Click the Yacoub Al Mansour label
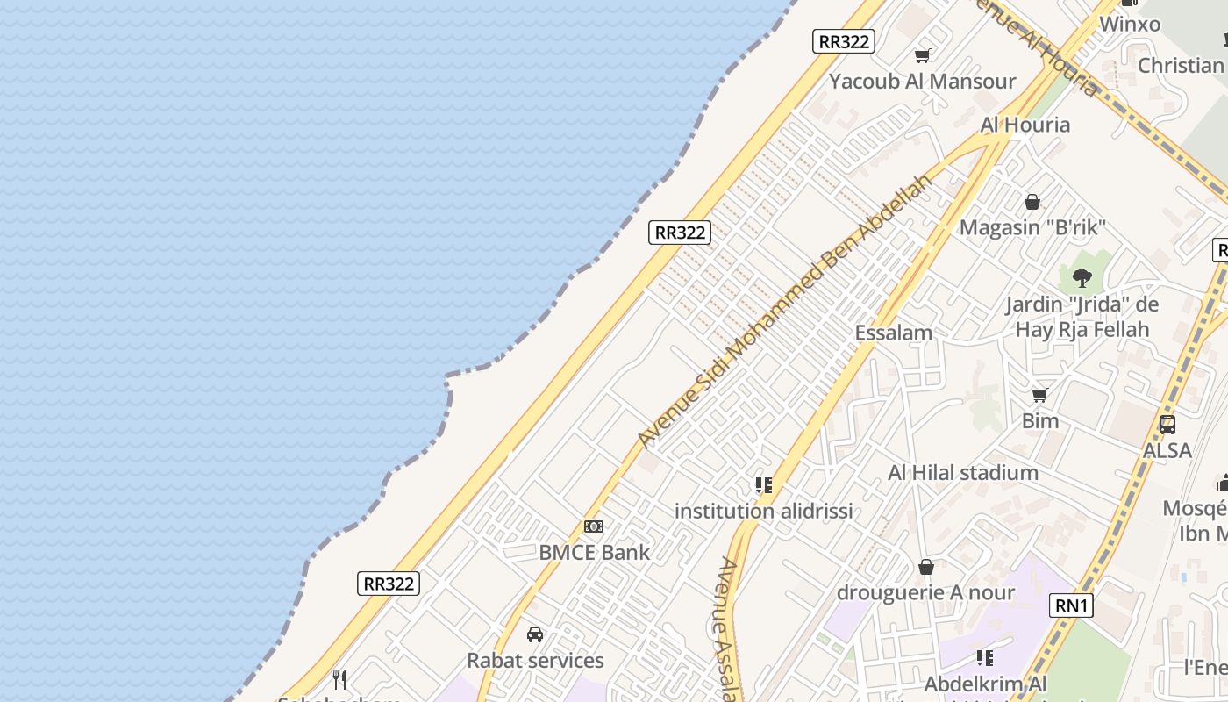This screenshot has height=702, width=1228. (x=922, y=82)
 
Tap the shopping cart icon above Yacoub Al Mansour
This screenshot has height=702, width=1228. (x=922, y=56)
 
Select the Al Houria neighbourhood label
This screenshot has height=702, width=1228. (x=1025, y=125)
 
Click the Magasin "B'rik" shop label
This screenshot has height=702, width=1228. (x=1032, y=228)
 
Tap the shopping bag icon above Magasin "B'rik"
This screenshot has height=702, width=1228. (x=1033, y=203)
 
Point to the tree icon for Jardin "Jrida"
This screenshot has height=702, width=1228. (x=1082, y=278)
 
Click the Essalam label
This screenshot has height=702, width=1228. (x=894, y=333)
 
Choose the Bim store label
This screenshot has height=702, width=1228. (x=1040, y=420)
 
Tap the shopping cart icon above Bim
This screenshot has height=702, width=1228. (x=1040, y=395)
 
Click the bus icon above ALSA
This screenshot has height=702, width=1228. (x=1167, y=425)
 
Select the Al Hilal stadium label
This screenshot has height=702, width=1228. (x=963, y=473)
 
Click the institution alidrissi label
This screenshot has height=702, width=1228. (x=763, y=511)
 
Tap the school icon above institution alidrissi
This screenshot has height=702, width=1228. (x=763, y=485)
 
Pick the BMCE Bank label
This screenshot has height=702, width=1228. (x=594, y=553)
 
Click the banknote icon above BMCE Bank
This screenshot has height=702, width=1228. (x=594, y=526)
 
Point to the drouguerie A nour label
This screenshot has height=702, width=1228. (x=925, y=592)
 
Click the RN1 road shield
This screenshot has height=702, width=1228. (x=1071, y=605)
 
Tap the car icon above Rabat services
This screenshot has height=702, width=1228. (x=535, y=634)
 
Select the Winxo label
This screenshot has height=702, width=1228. (x=1130, y=24)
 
